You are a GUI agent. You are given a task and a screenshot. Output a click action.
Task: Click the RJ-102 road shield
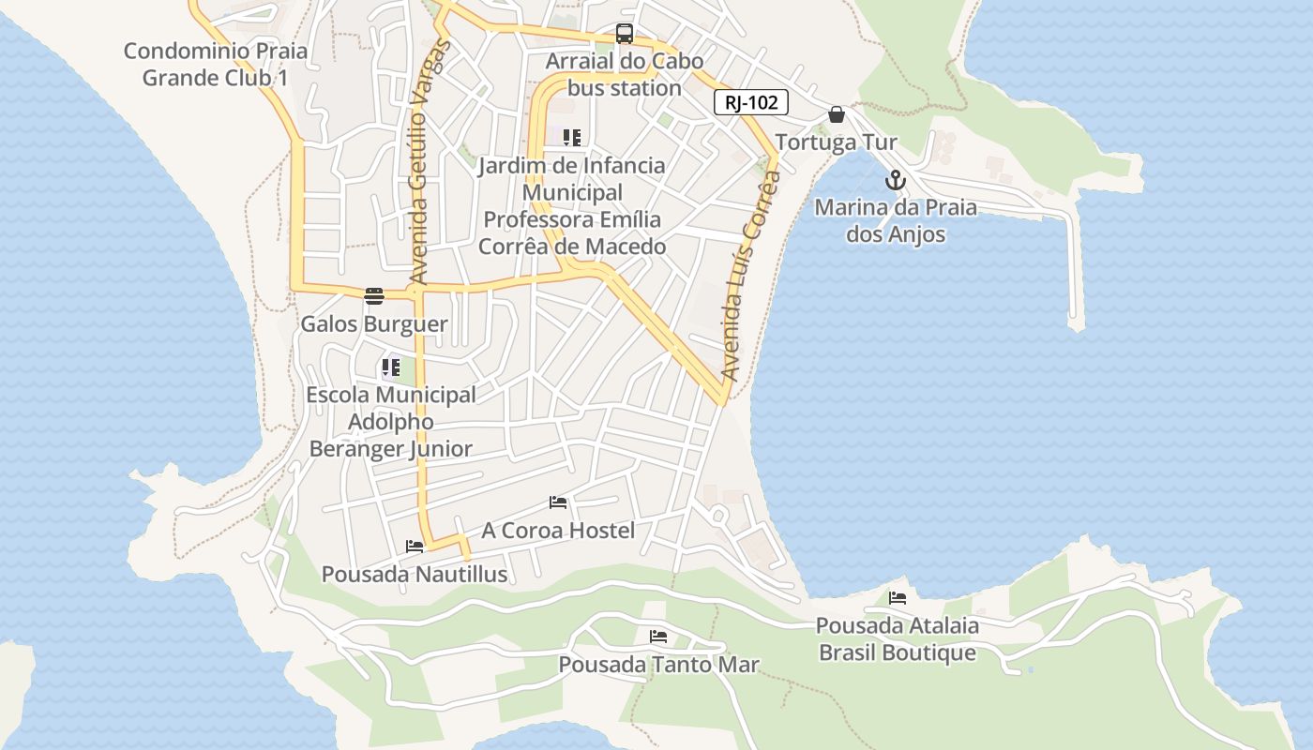coord(751,102)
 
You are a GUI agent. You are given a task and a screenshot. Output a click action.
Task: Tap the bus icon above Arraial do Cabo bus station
coord(625,34)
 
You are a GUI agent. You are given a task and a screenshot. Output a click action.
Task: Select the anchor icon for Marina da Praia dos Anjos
coord(896,180)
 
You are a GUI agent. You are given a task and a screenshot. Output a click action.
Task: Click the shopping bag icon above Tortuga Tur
coord(837,115)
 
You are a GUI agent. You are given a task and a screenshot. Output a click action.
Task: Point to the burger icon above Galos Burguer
coord(374,296)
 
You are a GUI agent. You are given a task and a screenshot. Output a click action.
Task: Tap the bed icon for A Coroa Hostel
coord(558,502)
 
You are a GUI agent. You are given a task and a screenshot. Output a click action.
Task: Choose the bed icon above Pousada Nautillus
coord(415,547)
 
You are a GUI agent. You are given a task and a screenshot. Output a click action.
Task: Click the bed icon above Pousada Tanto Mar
coord(658,637)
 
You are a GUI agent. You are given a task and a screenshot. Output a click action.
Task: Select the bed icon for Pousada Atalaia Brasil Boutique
coord(898,597)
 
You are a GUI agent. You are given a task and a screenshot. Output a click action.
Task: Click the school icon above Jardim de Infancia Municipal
coord(572,138)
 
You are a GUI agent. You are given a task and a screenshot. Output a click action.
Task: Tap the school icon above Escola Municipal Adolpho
coord(390,367)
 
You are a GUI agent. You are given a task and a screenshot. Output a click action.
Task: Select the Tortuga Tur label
coord(837,142)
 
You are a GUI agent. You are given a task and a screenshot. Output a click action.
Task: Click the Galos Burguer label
coord(374,324)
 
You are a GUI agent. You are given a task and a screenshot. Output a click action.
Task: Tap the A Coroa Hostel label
coord(558,531)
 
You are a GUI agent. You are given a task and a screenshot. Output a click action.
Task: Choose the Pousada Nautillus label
coord(415,575)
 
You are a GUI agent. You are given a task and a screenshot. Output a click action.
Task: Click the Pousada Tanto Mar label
coord(658,665)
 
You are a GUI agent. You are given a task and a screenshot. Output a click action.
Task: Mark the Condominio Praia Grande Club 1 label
coord(215,64)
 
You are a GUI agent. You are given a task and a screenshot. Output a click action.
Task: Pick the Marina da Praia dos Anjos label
coord(896,220)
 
